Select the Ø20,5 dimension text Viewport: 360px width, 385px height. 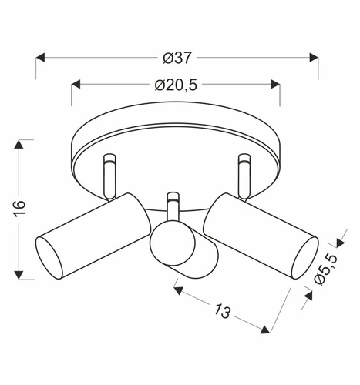(x=176, y=85)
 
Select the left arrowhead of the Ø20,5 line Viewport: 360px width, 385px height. (x=76, y=85)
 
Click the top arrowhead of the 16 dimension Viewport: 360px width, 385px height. (x=22, y=144)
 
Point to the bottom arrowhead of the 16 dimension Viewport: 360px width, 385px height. (x=22, y=275)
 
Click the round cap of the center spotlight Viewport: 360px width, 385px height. (x=171, y=246)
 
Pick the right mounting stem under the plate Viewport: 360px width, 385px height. (x=244, y=173)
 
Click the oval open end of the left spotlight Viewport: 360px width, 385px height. (x=49, y=257)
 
